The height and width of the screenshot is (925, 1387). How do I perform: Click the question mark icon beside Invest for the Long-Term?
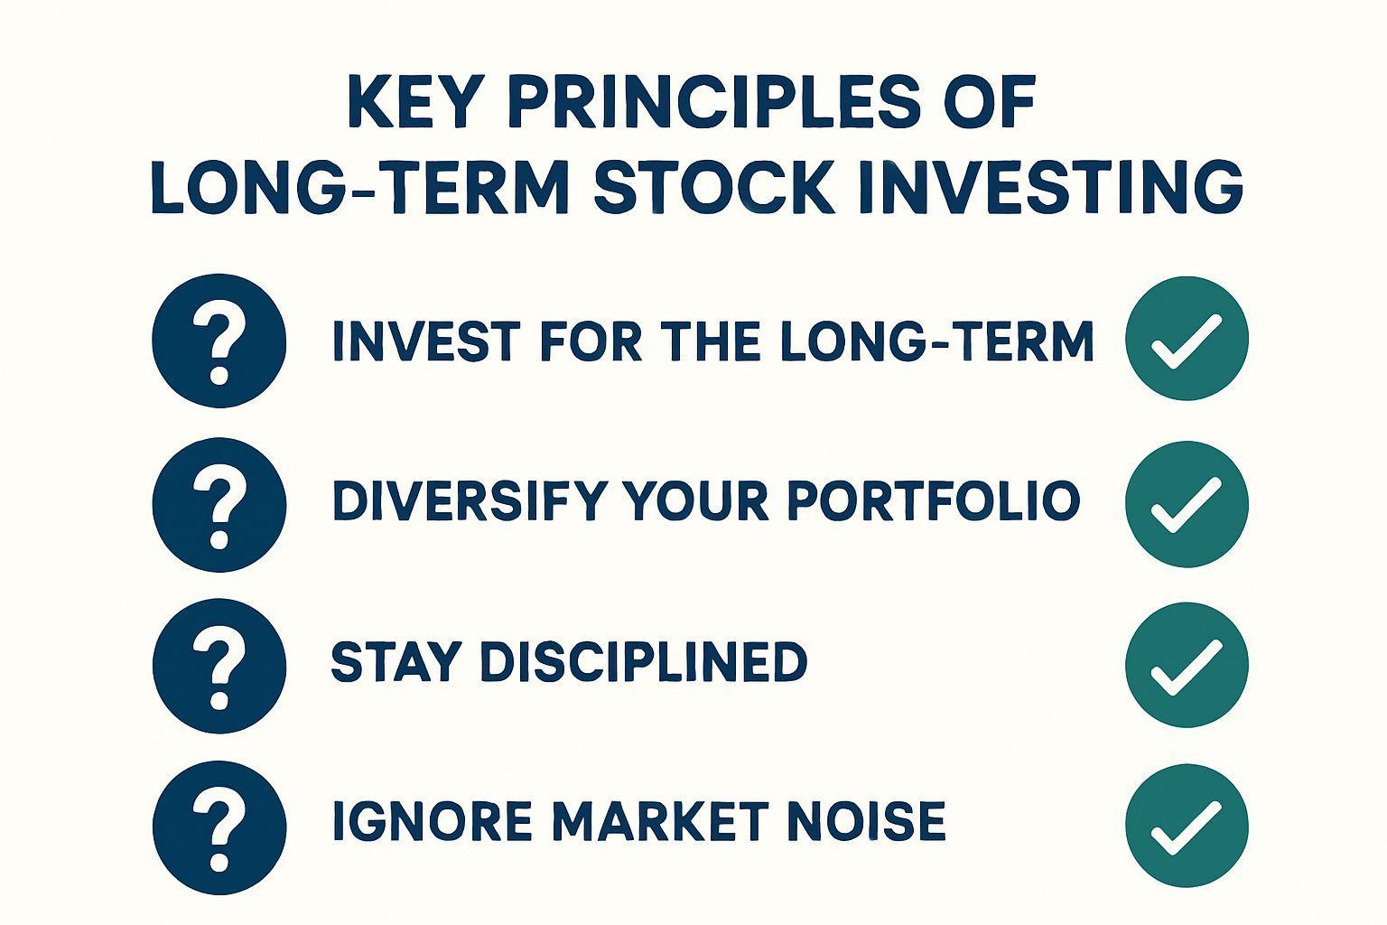click(x=219, y=341)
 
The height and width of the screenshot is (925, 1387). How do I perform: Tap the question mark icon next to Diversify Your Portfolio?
click(x=219, y=504)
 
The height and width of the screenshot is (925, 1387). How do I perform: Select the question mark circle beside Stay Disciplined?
click(x=219, y=666)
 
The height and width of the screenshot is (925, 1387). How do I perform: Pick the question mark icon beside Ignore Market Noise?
click(x=219, y=827)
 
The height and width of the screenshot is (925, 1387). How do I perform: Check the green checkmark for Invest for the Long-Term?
click(x=1187, y=338)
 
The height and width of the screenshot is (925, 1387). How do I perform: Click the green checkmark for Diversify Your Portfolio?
click(x=1187, y=504)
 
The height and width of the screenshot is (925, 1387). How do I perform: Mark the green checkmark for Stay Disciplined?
click(x=1187, y=665)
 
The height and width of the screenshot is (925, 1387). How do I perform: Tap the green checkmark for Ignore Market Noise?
click(x=1187, y=826)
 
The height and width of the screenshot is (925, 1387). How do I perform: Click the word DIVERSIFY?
click(x=470, y=500)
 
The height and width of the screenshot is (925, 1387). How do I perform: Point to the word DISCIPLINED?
click(x=644, y=661)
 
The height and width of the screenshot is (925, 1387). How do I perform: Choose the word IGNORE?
click(x=433, y=820)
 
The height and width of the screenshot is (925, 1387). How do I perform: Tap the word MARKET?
click(x=660, y=820)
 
